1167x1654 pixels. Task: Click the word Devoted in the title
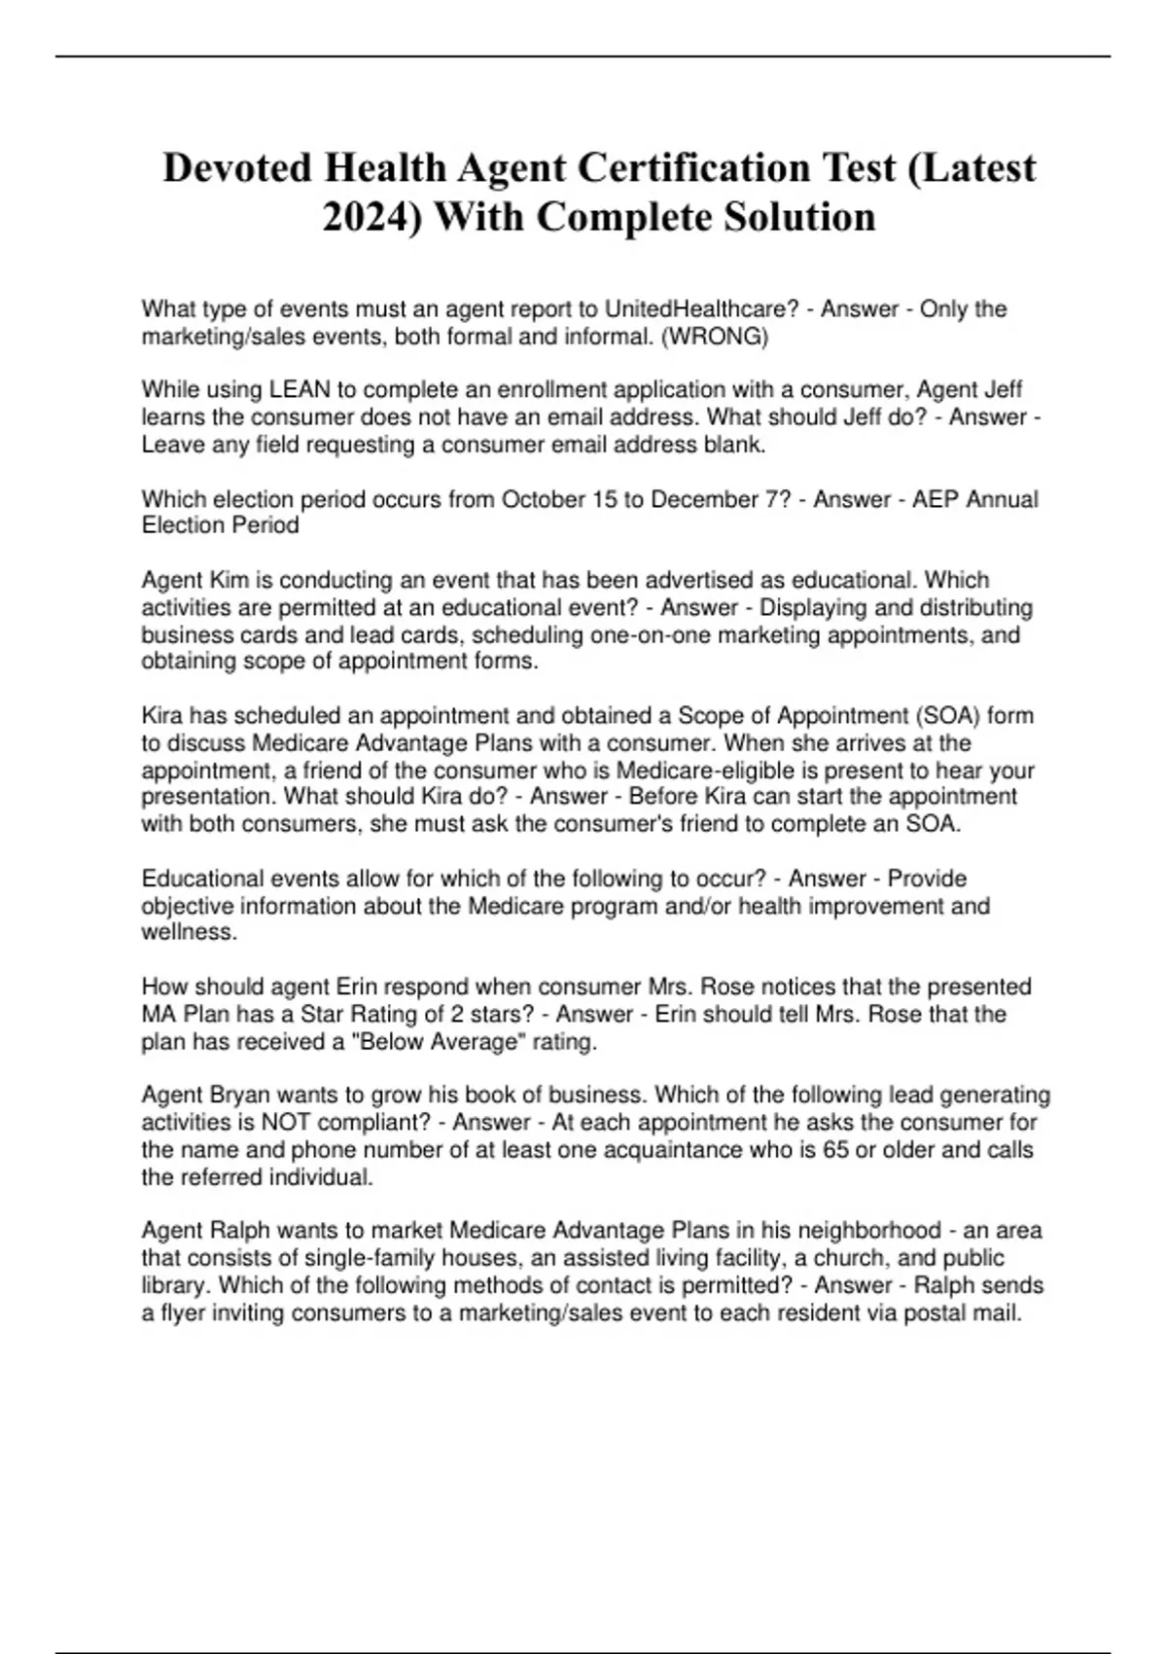[236, 168]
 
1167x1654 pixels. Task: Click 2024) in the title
[371, 217]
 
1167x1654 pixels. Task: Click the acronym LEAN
[300, 390]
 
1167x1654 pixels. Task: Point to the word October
[538, 499]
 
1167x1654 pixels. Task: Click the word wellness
[188, 932]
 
